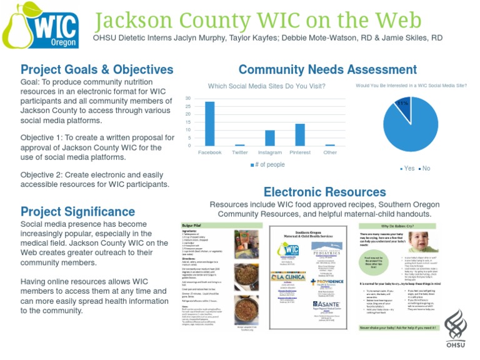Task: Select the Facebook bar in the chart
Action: click(x=209, y=123)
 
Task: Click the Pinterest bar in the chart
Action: click(x=299, y=134)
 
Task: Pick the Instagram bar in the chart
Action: click(x=269, y=137)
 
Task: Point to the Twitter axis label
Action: click(x=239, y=152)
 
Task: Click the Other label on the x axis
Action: click(x=329, y=152)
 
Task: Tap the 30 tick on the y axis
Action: click(x=187, y=99)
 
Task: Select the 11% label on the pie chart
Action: click(x=403, y=103)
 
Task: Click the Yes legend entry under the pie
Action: click(x=409, y=169)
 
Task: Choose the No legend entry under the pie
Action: click(x=425, y=169)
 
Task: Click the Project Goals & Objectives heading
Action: click(x=97, y=69)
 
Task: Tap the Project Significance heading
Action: click(x=77, y=212)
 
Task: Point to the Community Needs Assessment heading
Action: click(x=327, y=69)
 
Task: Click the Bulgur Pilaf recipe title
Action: click(x=192, y=224)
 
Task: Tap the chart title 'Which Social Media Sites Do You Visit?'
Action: click(x=266, y=86)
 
